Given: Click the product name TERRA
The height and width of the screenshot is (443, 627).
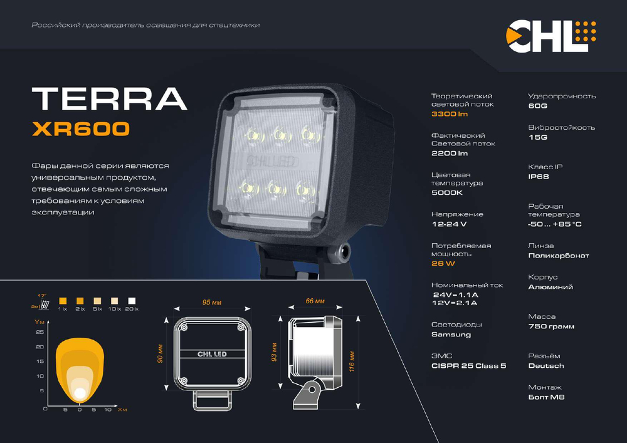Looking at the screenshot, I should (109, 98).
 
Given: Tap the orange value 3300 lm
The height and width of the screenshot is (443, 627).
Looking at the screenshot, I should (450, 114).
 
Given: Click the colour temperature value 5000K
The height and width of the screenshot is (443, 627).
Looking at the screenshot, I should (447, 193).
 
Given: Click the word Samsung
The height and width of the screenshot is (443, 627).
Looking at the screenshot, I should (451, 335).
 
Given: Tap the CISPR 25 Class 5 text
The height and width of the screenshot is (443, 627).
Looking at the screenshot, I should (468, 365).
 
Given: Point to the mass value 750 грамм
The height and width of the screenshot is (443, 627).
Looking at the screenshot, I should (551, 326).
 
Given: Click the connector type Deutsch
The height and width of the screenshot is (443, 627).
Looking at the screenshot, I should (545, 365).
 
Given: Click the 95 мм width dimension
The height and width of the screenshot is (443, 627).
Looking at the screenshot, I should (210, 303).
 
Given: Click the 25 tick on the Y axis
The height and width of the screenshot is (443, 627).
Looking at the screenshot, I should (40, 332).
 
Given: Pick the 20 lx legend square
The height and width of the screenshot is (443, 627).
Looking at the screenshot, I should (132, 300).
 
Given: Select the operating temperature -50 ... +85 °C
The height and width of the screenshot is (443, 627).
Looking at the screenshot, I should (555, 224).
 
